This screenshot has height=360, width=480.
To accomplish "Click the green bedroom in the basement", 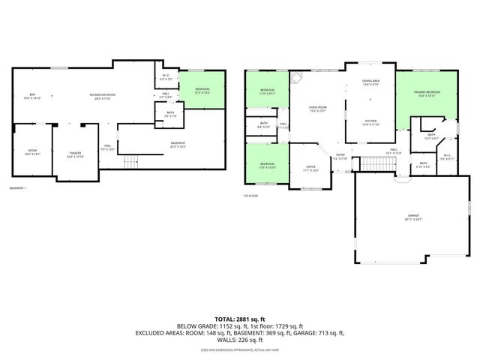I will pyautogui.click(x=200, y=90).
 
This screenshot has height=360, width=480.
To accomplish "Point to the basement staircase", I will pyautogui.click(x=132, y=161).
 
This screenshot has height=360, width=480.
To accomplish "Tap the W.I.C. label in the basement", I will pyautogui.click(x=166, y=76).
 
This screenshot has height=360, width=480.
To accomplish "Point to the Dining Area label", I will pyautogui.click(x=370, y=82).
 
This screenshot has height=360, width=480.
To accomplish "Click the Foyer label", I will pyautogui.click(x=340, y=157).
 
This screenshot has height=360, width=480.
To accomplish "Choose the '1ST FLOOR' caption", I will pyautogui.click(x=251, y=196).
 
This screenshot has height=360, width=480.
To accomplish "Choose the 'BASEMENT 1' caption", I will pyautogui.click(x=19, y=187).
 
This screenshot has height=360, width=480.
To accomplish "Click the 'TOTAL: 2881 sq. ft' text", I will pyautogui.click(x=239, y=319).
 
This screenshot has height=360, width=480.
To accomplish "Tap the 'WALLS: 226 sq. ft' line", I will pyautogui.click(x=239, y=339).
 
